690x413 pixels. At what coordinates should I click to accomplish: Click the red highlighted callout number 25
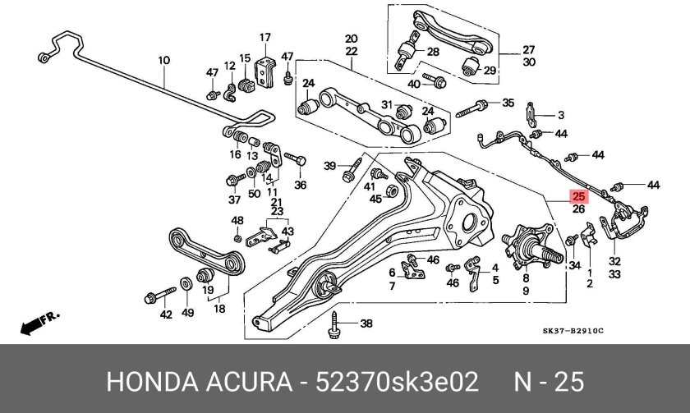578,197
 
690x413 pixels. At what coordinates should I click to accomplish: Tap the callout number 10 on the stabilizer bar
163,60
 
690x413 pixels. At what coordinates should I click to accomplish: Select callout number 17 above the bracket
264,38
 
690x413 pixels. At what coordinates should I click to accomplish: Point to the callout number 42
166,314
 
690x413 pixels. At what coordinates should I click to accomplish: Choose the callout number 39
329,167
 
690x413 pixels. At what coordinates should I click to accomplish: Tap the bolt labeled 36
295,158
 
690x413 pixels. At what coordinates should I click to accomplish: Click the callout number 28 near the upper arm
433,53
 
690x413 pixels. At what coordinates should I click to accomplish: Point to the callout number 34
574,265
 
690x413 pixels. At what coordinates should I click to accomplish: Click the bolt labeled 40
438,82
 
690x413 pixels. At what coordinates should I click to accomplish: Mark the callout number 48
237,221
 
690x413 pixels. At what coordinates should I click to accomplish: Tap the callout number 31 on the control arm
387,104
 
